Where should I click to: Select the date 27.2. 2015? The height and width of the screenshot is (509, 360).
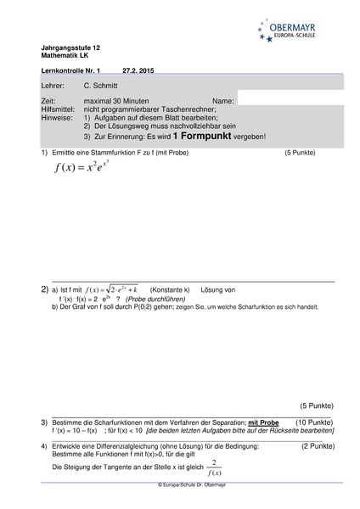(138, 71)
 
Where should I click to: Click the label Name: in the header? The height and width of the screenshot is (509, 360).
(223, 101)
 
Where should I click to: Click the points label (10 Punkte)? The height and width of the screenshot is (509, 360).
(314, 422)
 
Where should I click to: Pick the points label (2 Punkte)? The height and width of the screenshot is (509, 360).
(318, 445)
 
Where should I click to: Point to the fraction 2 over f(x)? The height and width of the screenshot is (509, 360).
(215, 467)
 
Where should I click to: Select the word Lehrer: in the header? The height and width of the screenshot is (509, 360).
(53, 87)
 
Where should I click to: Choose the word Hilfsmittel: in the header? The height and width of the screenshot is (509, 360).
(59, 109)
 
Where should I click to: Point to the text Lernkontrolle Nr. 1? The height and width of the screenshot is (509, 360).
(70, 71)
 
